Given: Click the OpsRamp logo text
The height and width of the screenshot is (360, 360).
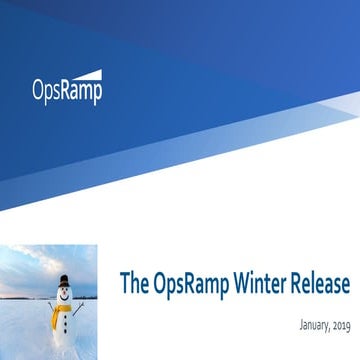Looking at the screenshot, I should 66,93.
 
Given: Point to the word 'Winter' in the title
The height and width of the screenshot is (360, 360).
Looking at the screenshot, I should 263,284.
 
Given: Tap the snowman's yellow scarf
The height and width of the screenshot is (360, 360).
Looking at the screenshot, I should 62,309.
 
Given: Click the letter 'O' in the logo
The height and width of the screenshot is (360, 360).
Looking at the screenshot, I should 38,92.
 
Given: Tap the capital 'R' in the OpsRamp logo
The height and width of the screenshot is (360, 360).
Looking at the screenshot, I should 66,92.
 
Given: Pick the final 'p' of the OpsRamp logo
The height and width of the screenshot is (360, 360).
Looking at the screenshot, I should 97,95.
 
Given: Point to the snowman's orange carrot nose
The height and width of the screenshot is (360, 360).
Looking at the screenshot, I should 66,295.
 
